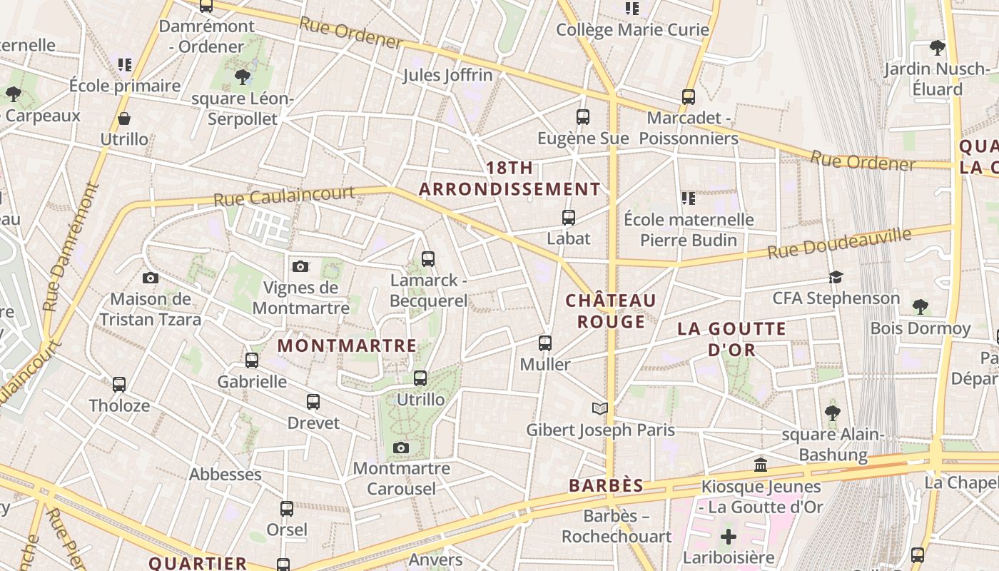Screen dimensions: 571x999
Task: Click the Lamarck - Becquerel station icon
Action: coord(428,259)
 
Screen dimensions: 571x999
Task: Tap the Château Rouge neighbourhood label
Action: coord(611,311)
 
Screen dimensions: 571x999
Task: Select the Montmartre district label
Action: coord(347,345)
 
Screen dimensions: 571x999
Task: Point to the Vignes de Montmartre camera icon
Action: coord(300,266)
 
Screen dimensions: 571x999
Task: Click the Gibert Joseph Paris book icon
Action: coord(600,408)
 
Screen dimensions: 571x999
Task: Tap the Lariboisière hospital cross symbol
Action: coord(728,536)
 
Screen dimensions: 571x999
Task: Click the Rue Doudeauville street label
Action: coord(840,243)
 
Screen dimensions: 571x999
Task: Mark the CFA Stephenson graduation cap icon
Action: coord(836,277)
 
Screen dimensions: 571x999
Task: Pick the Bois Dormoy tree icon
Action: coord(921,307)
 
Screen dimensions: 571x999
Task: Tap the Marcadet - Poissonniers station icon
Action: coord(689,96)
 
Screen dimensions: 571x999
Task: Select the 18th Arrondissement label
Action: coord(509,178)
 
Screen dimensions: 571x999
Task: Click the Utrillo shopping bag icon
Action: coord(124,118)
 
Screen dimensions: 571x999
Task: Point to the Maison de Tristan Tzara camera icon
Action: coord(151,278)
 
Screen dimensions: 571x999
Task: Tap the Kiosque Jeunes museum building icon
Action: coord(761,465)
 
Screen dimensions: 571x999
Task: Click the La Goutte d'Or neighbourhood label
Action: coord(731,339)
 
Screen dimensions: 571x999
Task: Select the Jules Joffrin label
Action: coord(447,75)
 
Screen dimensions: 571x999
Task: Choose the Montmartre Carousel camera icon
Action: coord(401,448)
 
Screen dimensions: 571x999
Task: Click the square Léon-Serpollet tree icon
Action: coord(243,76)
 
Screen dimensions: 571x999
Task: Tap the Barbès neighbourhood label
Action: coord(606,485)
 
